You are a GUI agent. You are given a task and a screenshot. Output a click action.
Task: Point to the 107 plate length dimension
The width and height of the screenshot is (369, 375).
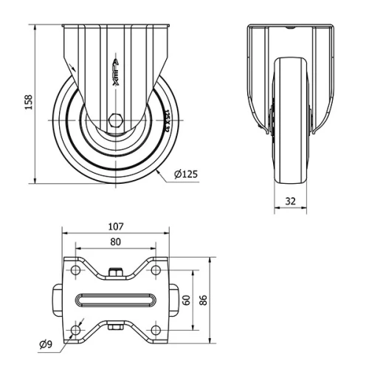[x=115, y=226]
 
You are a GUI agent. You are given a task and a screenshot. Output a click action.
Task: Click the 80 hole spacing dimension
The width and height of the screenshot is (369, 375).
[x=115, y=241]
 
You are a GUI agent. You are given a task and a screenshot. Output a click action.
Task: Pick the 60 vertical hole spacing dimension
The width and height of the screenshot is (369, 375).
[x=187, y=300]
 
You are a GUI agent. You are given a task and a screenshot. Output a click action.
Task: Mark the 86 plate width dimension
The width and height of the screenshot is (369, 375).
[x=204, y=300]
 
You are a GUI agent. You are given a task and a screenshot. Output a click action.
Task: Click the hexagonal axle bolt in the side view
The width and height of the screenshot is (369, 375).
[x=115, y=121]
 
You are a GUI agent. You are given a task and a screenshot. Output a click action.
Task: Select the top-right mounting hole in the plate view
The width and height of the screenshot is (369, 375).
[x=156, y=271]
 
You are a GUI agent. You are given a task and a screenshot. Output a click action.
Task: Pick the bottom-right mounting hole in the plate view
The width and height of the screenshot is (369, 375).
[x=156, y=329]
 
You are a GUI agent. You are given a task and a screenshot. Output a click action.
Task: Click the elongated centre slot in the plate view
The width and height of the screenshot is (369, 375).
[x=115, y=300]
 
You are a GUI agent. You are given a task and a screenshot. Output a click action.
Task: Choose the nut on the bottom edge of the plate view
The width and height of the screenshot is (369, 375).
[x=115, y=326]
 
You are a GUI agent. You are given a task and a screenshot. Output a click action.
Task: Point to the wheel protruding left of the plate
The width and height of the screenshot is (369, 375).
[x=58, y=300]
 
